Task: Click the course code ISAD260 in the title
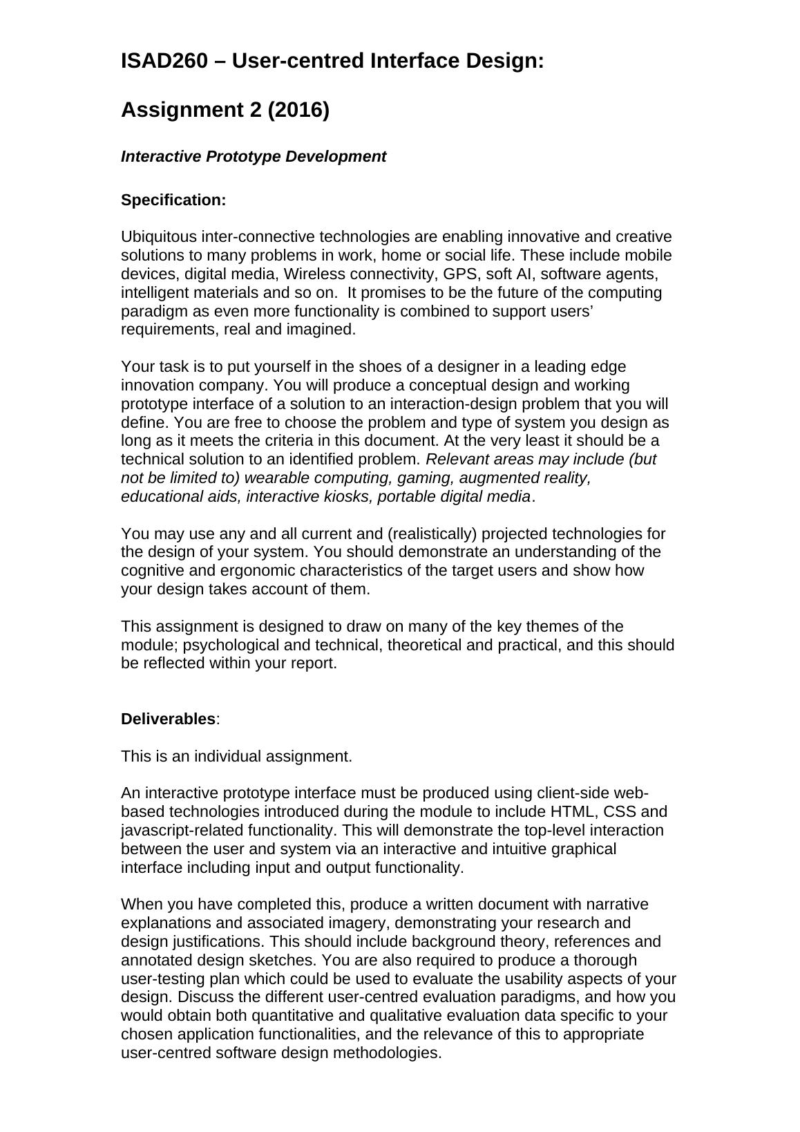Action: (x=164, y=62)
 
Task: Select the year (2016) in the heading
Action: (x=298, y=110)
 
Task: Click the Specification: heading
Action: (x=173, y=200)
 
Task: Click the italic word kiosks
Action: (x=347, y=497)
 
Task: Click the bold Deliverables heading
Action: (x=168, y=719)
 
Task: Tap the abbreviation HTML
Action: (x=571, y=812)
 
